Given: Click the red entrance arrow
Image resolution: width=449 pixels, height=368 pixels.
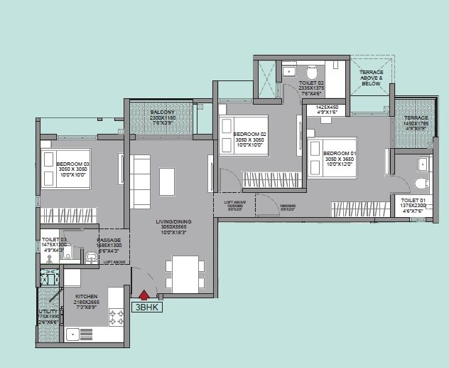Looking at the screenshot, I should [144, 295].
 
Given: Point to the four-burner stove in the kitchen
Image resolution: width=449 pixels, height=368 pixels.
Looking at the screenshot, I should [117, 318].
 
